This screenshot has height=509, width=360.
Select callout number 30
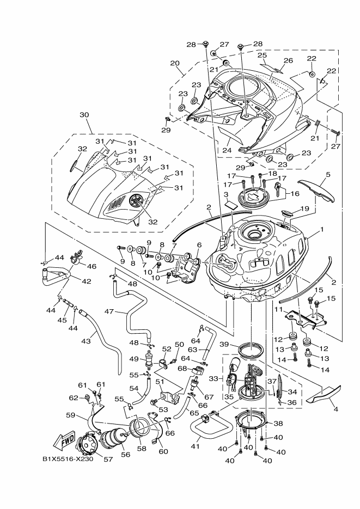pyautogui.click(x=84, y=115)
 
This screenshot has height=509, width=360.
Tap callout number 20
pyautogui.click(x=174, y=63)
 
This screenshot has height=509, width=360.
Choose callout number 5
pyautogui.click(x=328, y=175)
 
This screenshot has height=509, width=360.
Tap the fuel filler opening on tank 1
pyautogui.click(x=254, y=234)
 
